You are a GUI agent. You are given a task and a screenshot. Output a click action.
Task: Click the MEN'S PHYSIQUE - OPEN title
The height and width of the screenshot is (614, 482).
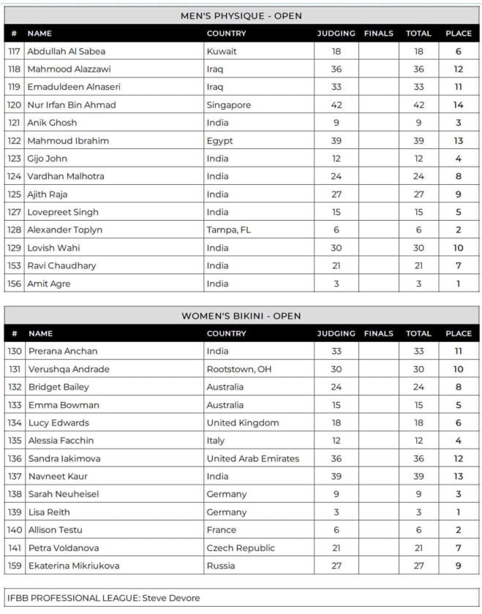point(241,15)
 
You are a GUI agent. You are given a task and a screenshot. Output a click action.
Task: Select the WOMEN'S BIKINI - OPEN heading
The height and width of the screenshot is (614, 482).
point(241,316)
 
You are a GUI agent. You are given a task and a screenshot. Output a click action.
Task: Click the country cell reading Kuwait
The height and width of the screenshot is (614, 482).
point(222,51)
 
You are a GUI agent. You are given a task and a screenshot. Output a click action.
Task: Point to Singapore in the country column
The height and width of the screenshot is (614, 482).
point(228,105)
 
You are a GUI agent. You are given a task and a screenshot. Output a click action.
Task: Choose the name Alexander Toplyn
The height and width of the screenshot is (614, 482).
point(64,230)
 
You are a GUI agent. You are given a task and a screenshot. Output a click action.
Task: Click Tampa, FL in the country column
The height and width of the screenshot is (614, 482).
point(228,230)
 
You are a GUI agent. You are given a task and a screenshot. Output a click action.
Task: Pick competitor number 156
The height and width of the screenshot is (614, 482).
point(15,284)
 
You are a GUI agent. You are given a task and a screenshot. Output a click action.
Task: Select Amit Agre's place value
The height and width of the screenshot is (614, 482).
point(459,284)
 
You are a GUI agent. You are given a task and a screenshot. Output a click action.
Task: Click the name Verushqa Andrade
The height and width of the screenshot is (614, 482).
point(69,369)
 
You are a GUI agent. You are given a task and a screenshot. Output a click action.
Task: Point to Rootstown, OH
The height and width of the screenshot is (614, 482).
point(238,369)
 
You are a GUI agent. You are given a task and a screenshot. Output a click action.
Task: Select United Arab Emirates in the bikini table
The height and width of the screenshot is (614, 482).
point(252,458)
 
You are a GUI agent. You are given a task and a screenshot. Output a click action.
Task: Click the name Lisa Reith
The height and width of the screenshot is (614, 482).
point(49,512)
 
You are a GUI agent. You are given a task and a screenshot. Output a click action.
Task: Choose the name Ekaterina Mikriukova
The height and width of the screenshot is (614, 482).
point(73,565)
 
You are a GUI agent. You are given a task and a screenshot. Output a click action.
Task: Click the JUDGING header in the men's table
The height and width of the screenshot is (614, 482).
point(336,33)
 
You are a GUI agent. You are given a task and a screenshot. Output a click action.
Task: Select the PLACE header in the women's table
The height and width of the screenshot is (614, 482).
point(459,333)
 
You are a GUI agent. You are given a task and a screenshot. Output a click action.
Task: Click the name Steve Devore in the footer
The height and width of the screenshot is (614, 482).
point(174,598)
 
